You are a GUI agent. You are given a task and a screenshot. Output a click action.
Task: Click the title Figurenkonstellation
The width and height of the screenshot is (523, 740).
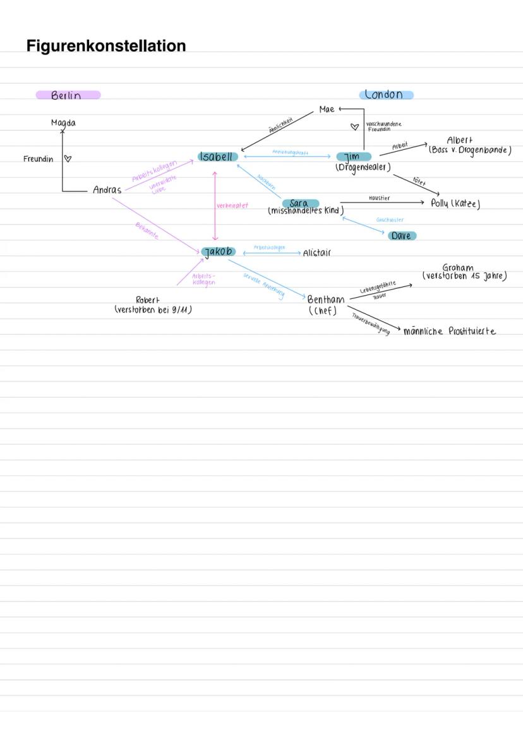(x=106, y=46)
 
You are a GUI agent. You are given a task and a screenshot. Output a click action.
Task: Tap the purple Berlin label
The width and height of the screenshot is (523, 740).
(x=68, y=95)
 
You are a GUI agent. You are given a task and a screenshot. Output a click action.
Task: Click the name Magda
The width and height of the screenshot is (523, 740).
(x=63, y=123)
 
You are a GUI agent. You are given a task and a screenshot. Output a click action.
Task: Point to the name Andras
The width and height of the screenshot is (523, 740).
(x=107, y=190)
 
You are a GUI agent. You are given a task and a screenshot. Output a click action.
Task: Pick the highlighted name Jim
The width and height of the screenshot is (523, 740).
(x=352, y=157)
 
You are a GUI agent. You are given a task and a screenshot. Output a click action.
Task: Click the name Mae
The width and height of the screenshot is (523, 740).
(x=327, y=109)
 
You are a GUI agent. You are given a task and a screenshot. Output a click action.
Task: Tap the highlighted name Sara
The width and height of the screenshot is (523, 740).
(x=299, y=203)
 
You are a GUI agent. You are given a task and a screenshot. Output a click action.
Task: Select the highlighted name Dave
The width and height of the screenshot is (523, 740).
(x=402, y=236)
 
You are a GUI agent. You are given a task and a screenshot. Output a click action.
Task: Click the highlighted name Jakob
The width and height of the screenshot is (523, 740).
(x=218, y=252)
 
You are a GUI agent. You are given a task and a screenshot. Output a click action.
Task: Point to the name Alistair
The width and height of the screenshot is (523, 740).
(x=316, y=253)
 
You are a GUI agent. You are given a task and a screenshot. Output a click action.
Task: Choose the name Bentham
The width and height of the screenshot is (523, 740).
(x=326, y=300)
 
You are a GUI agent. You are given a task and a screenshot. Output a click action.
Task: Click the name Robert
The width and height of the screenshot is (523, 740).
(x=148, y=300)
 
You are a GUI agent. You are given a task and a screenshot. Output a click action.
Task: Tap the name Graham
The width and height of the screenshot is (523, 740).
(x=458, y=267)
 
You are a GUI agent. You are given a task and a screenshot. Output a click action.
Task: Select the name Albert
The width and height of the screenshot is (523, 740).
(x=459, y=140)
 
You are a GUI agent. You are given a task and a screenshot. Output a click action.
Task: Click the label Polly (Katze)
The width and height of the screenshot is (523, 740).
(x=455, y=203)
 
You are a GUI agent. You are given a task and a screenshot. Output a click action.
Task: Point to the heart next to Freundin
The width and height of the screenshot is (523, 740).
(x=68, y=159)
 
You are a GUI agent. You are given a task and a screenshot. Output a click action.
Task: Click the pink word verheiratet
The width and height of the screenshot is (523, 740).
(x=232, y=205)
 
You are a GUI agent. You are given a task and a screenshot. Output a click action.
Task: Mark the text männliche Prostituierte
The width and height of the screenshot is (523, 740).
(x=449, y=331)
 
